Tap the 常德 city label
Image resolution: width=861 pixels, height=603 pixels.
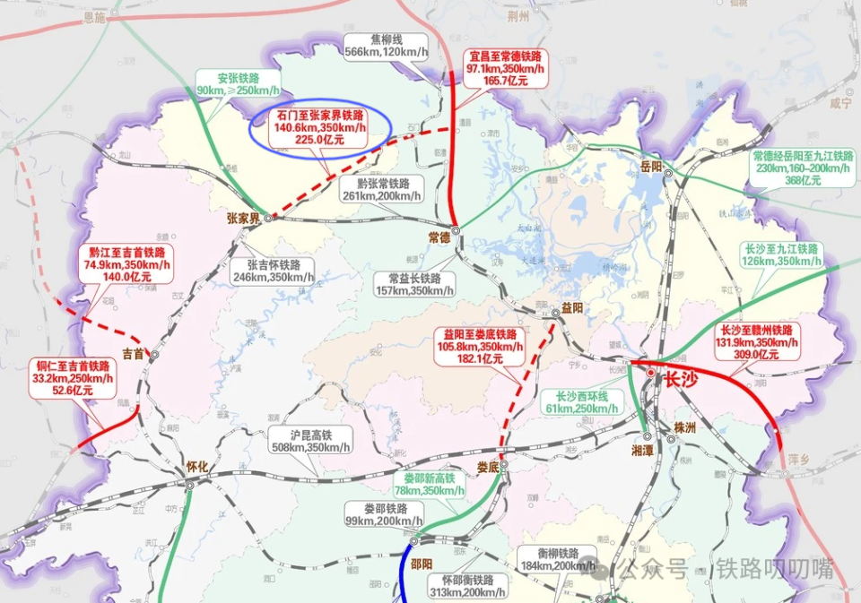(439, 237)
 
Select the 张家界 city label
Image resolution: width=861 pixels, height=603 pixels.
(243, 219)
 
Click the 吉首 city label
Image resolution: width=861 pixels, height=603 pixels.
(134, 354)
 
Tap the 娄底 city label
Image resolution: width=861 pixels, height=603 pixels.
(488, 467)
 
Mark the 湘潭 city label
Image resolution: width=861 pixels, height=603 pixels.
(643, 451)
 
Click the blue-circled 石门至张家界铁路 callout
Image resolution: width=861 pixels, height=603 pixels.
(319, 128)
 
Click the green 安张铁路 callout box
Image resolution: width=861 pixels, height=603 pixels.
(238, 83)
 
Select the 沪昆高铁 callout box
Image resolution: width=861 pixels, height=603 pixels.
(309, 440)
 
